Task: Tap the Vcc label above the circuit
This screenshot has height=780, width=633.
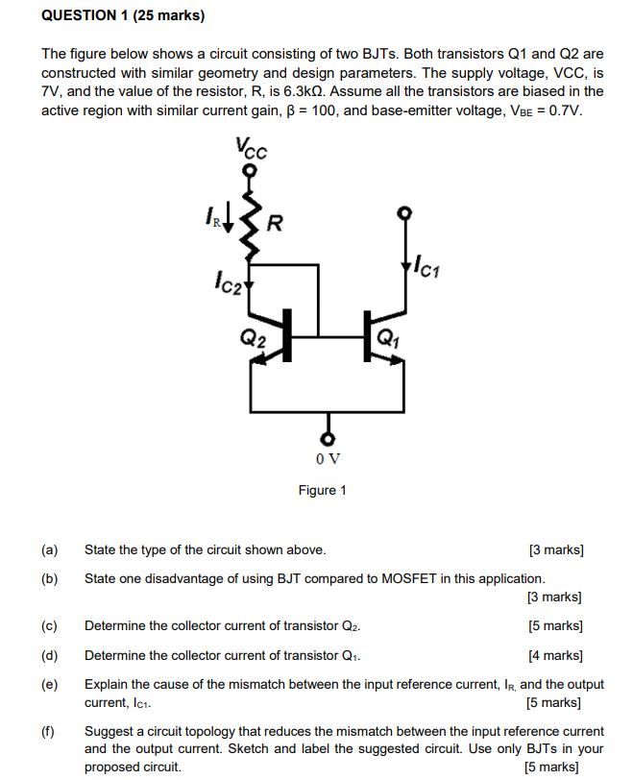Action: coord(251,149)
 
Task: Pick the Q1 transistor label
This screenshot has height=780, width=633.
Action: coord(387,336)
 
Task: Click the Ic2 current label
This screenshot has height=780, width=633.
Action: coord(231,283)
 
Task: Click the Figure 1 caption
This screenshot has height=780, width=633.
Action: coord(322,490)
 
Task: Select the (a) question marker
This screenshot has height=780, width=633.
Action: coord(49,550)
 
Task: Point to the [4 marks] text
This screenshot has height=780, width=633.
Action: coord(555,656)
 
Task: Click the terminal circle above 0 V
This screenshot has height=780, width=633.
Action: coord(328,439)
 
